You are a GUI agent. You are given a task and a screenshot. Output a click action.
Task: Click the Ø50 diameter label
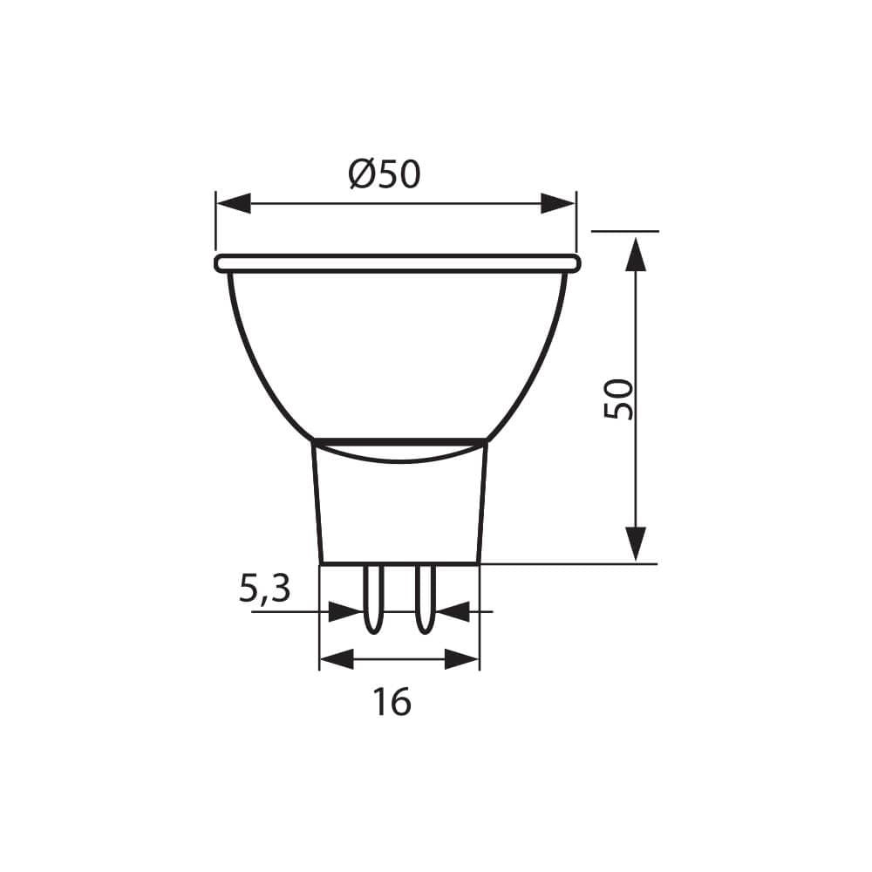(385, 174)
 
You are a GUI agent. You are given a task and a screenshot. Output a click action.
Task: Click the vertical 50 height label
(618, 399)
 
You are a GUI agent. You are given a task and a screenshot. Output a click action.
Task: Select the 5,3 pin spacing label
(264, 590)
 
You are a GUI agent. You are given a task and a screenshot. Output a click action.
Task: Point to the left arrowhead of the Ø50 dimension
(233, 203)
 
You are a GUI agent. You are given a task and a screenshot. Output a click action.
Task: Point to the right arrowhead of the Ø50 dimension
(558, 203)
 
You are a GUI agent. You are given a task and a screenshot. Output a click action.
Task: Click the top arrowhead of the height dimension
(637, 253)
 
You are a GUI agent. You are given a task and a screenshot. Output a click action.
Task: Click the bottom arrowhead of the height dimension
(637, 542)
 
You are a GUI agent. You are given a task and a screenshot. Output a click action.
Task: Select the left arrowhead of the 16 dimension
(337, 659)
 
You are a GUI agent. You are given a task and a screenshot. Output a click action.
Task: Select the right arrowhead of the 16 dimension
(462, 659)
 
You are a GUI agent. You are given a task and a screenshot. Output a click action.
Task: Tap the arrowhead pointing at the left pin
(346, 611)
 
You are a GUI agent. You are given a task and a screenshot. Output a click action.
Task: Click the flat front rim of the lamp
(397, 263)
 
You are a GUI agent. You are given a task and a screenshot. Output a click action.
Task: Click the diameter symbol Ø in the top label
(363, 174)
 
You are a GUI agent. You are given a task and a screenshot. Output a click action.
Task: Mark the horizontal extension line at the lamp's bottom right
(567, 564)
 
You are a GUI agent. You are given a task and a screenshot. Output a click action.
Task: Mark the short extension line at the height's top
(624, 231)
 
